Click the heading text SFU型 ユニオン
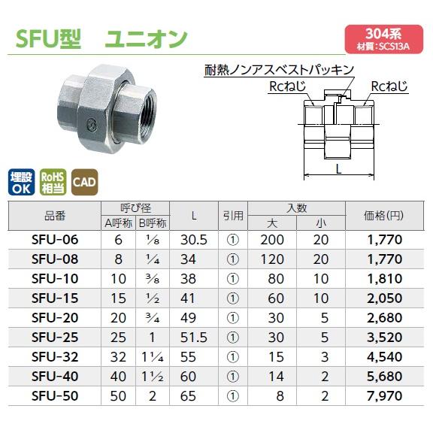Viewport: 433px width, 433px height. (101, 38)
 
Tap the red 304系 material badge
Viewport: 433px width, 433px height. (383, 38)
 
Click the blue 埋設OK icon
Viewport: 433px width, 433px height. (22, 183)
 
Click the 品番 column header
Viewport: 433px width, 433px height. (55, 216)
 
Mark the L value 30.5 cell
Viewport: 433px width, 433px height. (194, 240)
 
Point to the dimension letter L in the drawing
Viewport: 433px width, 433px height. (340, 169)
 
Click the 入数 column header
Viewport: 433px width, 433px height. (296, 208)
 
